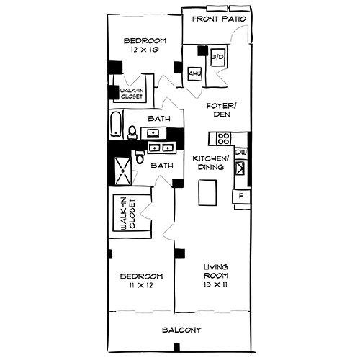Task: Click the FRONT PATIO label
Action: coord(220,19)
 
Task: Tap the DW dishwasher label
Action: coord(242,153)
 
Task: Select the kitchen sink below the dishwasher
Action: coord(242,170)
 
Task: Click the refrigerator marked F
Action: coord(240,195)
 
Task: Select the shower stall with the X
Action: coord(122,171)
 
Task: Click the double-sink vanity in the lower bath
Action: coord(163,148)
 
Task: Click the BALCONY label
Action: coord(176,330)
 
